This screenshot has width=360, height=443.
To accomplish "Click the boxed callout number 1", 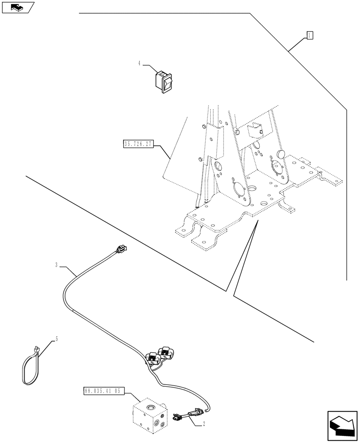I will pos(309,35).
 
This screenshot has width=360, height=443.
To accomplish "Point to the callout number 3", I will pos(56,265).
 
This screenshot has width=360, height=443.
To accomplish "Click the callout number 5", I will pos(56,339).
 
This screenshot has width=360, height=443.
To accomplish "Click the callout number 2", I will pos(203,424).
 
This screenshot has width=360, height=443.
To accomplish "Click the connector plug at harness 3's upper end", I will pos(120,251).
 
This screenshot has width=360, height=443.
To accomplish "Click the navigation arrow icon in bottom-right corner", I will pos(341,426).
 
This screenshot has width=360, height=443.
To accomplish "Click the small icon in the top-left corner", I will pos(17,7).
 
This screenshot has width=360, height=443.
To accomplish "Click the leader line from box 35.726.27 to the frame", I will pos(162,152).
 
